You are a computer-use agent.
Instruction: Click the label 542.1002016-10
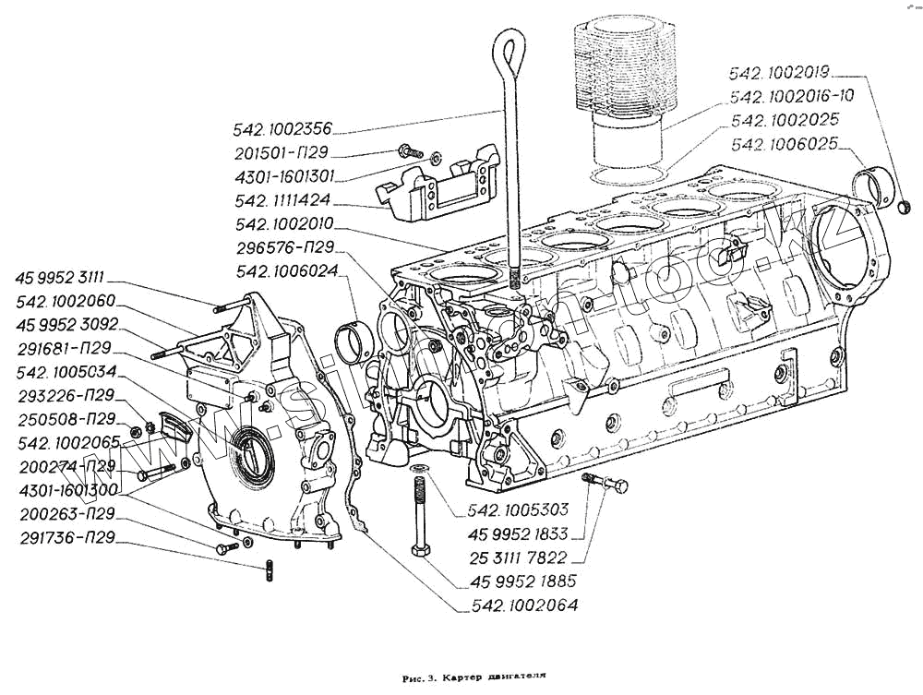pyautogui.click(x=791, y=96)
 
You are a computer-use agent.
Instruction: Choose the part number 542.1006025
pyautogui.click(x=783, y=144)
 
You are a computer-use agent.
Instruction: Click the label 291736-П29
pyautogui.click(x=66, y=536)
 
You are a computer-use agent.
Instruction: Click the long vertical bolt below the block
pyautogui.click(x=418, y=517)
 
